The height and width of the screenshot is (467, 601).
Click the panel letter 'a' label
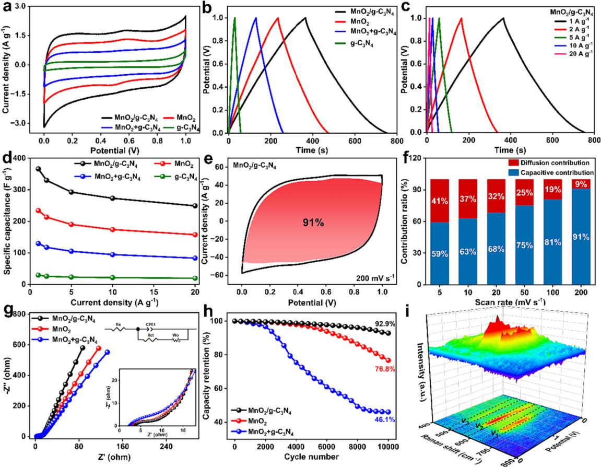pyautogui.click(x=6, y=7)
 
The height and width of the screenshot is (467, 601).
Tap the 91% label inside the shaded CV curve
pyautogui.click(x=313, y=223)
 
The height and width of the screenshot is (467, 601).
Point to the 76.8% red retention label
pyautogui.click(x=383, y=369)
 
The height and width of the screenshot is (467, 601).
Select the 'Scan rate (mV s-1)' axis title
pyautogui.click(x=512, y=301)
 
